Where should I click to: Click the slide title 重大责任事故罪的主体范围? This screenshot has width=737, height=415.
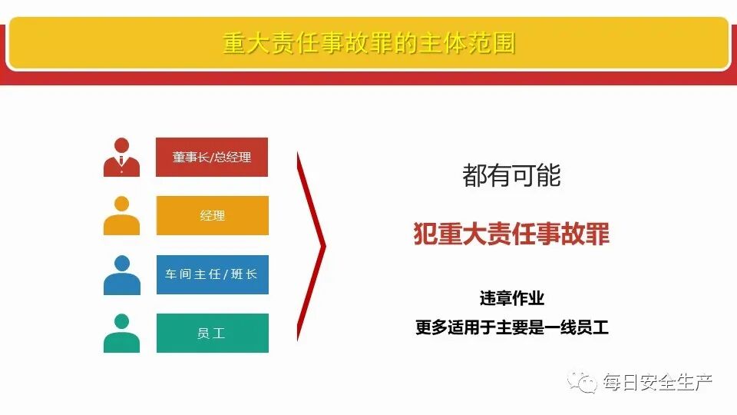pos(368,43)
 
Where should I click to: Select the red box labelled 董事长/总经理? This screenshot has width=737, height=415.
pos(212,157)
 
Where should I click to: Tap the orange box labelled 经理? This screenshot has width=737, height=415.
pos(212,215)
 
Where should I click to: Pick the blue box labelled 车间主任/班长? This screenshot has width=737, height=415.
pos(212,274)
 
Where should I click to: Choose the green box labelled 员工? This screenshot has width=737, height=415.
pos(212,333)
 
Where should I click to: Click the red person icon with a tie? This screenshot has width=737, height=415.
pos(121,157)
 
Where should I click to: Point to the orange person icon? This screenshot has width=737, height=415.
pos(121,215)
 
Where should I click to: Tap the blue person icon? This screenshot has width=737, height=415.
pos(121,274)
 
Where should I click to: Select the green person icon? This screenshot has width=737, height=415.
pos(121,333)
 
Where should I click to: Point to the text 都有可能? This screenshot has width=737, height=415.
pos(511,176)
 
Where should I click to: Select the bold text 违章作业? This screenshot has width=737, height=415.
pos(511,298)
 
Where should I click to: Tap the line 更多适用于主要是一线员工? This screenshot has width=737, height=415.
pos(511,327)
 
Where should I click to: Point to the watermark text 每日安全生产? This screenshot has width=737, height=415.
pos(657,382)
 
